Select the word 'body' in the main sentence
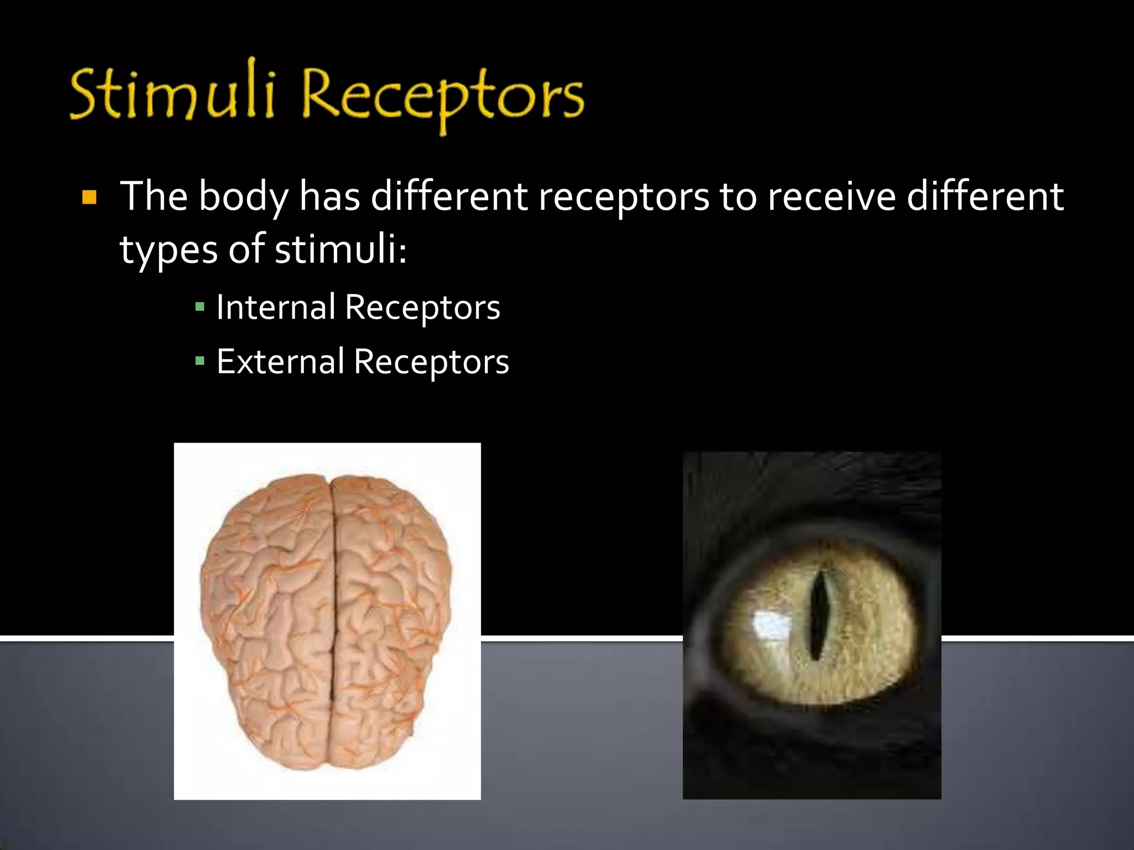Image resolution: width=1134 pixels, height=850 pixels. point(243,197)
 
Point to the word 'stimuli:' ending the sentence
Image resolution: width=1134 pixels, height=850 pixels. point(341,250)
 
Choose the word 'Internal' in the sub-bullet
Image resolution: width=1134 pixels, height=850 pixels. point(275,307)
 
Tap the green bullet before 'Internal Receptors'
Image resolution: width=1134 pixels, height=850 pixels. point(200,307)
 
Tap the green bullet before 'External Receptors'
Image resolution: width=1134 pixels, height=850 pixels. point(200,361)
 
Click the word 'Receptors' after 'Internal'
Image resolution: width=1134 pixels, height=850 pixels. point(422,308)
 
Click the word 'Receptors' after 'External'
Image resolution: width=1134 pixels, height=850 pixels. point(431,362)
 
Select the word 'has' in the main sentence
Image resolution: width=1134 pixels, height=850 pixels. point(329,197)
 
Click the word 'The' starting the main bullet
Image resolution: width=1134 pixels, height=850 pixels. point(154,196)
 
